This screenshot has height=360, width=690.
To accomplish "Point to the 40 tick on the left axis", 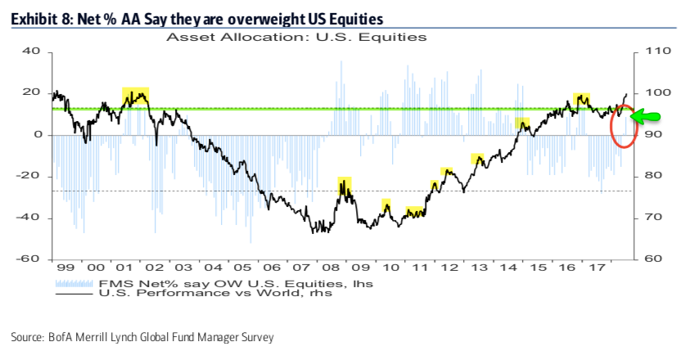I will coord(31,51).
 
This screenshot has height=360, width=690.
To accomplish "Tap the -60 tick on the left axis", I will coord(29,259).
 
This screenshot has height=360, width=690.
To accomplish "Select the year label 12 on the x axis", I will coord(447,268).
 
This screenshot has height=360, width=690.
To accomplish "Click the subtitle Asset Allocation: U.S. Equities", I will coord(296,37).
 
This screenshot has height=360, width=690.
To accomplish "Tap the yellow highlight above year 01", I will coord(134,97).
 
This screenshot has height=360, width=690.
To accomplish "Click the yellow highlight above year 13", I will coord(478,159).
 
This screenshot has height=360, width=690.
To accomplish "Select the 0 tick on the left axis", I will coord(37,134).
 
